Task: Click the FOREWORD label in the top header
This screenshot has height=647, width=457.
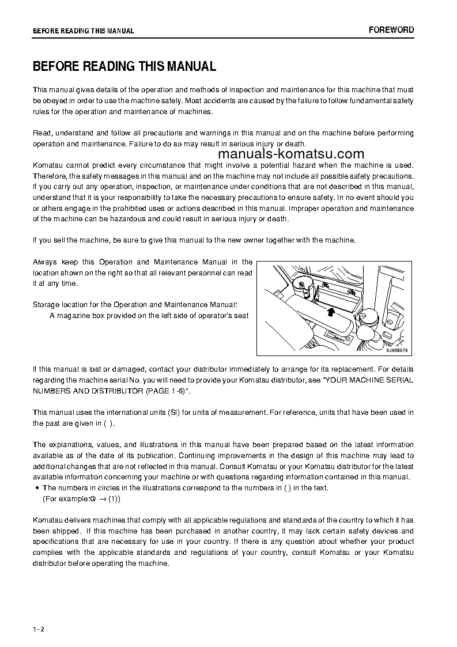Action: point(391,30)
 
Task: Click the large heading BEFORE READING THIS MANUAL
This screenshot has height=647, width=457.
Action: point(124,66)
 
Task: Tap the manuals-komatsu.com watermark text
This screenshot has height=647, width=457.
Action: point(292,154)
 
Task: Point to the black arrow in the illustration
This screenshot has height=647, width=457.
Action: point(330,312)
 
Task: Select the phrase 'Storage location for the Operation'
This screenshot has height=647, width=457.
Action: point(87,304)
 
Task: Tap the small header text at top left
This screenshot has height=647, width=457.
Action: point(83,31)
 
